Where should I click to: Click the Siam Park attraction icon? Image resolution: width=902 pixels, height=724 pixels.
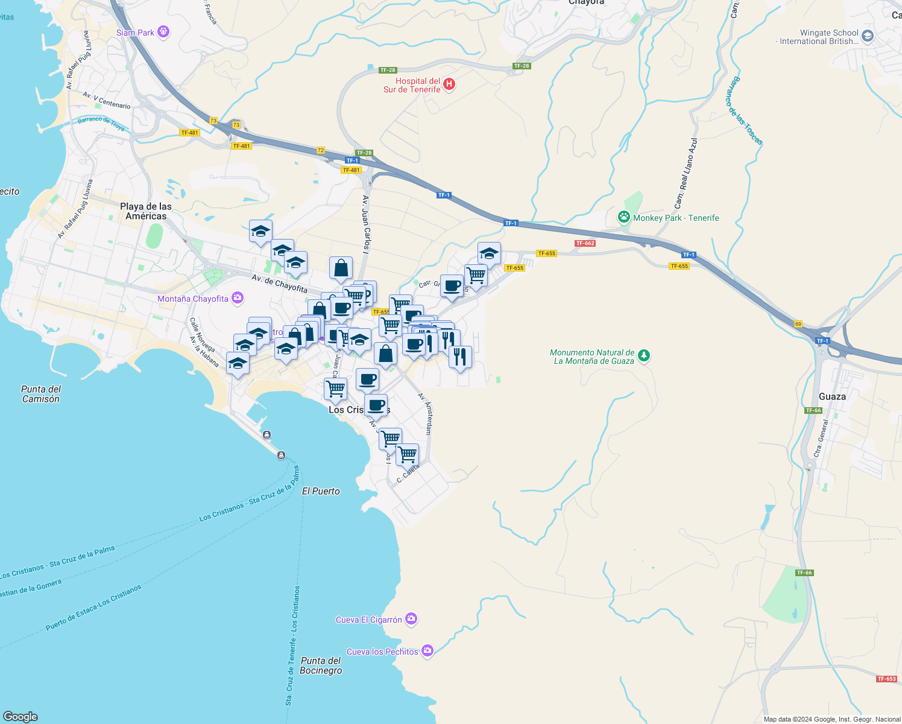(x=163, y=32)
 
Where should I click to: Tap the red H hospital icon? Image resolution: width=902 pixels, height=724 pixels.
(x=449, y=84)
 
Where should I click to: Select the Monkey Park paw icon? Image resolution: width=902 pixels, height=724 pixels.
(x=624, y=217)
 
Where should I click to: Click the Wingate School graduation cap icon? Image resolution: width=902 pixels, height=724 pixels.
(x=868, y=36)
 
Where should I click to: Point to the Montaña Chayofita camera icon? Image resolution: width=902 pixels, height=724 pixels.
(x=238, y=298)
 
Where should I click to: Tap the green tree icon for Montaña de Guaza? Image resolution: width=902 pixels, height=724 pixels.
(x=644, y=356)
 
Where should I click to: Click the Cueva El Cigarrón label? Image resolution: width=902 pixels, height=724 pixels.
(x=368, y=620)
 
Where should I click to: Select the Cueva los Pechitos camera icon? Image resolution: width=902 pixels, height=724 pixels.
(x=427, y=650)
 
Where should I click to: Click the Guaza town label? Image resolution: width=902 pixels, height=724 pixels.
(x=832, y=396)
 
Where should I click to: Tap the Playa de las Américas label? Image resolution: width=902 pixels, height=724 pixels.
(x=146, y=211)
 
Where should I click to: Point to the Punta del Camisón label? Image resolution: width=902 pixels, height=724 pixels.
(x=41, y=394)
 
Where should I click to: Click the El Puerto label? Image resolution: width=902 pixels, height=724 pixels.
(x=321, y=491)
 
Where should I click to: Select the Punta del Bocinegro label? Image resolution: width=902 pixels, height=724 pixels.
(x=321, y=665)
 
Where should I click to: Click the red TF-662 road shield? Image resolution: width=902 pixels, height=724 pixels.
(x=585, y=243)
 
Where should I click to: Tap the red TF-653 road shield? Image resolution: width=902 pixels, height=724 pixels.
(x=886, y=679)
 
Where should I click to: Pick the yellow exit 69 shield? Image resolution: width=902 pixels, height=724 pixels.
(x=798, y=324)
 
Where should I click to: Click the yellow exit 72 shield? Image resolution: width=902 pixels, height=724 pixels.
(x=321, y=150)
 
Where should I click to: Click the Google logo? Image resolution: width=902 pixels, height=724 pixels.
(x=20, y=716)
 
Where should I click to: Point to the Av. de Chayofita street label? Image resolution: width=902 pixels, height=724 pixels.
(x=279, y=283)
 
